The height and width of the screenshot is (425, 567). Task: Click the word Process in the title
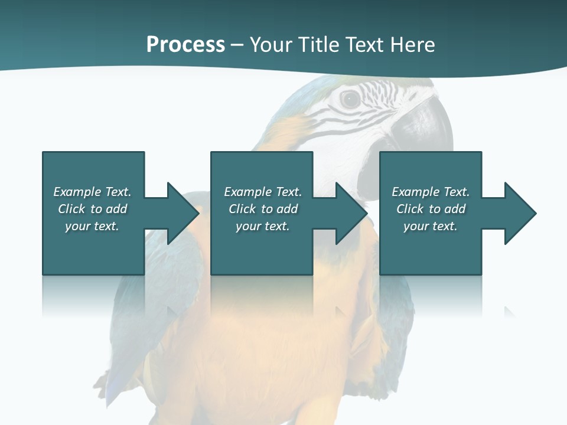(185, 45)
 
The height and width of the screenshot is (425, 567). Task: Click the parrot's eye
(350, 99)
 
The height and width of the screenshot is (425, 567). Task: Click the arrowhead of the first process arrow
(183, 213)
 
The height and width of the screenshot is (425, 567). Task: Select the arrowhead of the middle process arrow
(352, 213)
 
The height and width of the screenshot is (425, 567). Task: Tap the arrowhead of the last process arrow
(520, 213)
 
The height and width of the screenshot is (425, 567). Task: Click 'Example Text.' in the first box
(92, 192)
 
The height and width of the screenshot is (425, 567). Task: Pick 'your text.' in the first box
(92, 226)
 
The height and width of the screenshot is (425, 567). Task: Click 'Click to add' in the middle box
(263, 209)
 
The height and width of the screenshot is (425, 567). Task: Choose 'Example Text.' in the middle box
(263, 192)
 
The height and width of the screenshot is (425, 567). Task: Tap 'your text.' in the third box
(431, 226)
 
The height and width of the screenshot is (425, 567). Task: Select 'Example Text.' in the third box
(431, 192)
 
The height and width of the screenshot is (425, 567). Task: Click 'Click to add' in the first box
(92, 209)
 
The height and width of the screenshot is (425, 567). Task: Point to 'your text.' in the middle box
(263, 226)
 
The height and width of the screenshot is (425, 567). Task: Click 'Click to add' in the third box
(431, 209)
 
